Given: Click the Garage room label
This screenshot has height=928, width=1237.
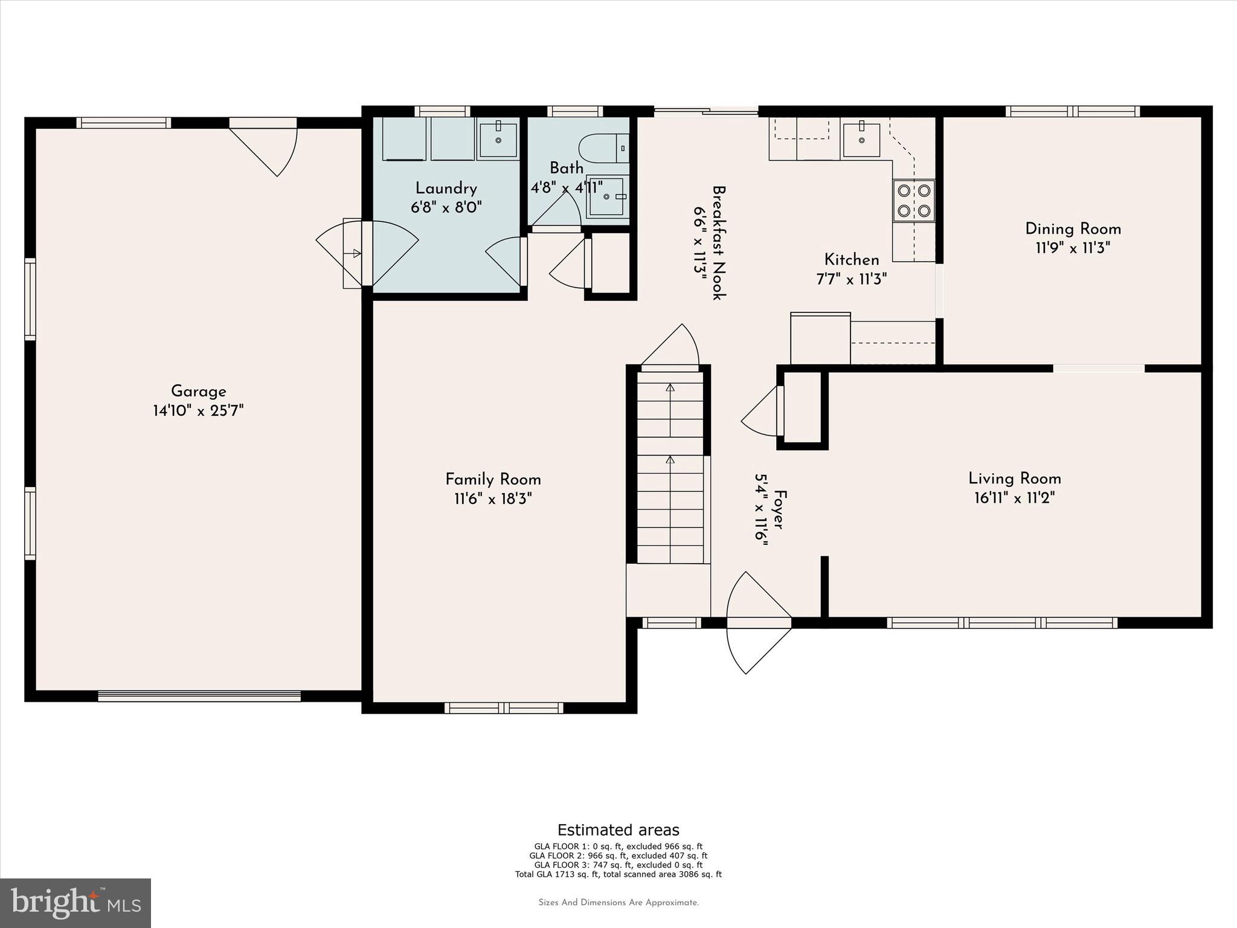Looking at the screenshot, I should pos(198,391).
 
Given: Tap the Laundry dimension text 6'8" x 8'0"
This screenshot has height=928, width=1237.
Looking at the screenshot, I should pos(446,208).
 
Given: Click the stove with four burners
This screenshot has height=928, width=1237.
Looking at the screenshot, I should pos(913,201).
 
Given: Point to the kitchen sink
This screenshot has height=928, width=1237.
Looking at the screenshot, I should pos(861,140).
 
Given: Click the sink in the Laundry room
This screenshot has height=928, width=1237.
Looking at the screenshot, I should pos(498,140).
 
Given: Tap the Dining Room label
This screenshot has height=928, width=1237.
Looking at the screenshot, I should pos(1073,229).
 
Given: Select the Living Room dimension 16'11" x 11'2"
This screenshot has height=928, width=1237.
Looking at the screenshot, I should pos(1014,498).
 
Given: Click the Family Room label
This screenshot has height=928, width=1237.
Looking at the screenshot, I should pos(493,480).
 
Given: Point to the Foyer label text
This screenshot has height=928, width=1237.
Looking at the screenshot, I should pos(779,510).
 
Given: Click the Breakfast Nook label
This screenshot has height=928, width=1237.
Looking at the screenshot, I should pos(719,242).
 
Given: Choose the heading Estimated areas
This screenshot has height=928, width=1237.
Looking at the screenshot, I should pos(618,830).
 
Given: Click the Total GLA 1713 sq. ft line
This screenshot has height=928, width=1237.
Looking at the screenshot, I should pos(618,874).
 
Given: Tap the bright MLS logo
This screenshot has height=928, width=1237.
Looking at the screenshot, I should pos(76,903).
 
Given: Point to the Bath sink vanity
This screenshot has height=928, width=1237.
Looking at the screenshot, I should pos(608,196).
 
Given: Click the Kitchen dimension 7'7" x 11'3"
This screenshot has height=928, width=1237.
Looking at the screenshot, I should pos(851,280).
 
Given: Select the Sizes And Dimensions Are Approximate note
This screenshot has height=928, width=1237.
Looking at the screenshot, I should pos(618,903).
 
